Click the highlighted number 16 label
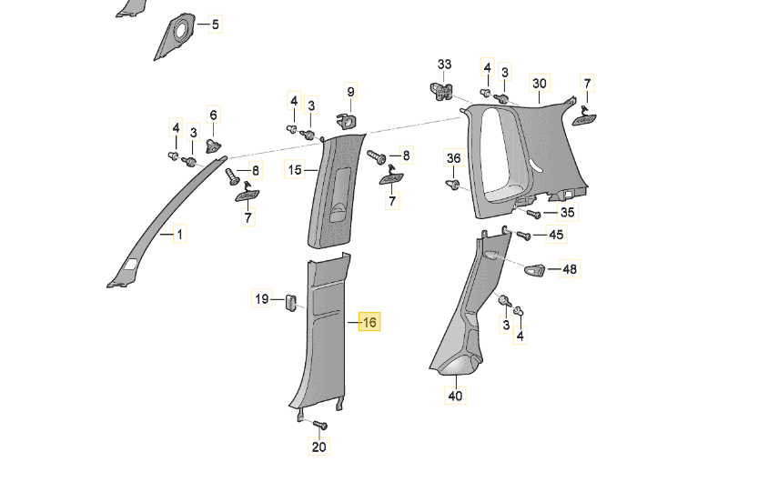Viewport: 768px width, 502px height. coord(369,322)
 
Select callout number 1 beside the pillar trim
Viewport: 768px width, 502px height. coord(179,235)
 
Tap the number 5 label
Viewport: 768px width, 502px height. coord(216,25)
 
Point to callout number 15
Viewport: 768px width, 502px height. coord(294,169)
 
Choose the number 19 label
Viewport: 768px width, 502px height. coord(261,298)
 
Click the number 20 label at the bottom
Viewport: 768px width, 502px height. coord(318,447)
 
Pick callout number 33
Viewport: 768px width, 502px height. coord(444,65)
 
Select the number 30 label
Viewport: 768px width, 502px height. coord(539,84)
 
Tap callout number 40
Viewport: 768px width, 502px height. coord(455,396)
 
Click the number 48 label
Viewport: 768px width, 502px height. coord(570,269)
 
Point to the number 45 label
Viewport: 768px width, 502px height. coord(555,235)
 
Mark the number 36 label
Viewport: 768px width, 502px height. coord(453,158)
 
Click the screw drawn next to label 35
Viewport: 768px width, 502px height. coord(534,215)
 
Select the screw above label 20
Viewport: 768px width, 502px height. coord(319,424)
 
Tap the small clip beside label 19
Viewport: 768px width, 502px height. coord(290,301)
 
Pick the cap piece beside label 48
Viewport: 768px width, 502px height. coord(535,269)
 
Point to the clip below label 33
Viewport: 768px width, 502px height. coord(443,90)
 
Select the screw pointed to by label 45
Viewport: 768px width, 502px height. coord(523,236)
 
